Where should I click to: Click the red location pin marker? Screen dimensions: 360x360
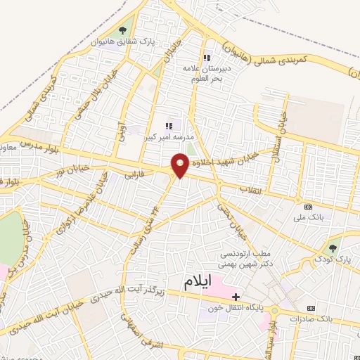click(x=181, y=167)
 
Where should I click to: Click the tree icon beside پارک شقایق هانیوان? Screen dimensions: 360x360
click(x=123, y=30)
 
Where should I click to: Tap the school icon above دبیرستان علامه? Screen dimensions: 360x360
click(x=206, y=58)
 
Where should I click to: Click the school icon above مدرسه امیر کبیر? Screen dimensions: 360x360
click(x=168, y=125)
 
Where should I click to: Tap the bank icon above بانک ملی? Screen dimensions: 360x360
click(x=309, y=207)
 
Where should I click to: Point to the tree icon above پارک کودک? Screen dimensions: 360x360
click(x=333, y=247)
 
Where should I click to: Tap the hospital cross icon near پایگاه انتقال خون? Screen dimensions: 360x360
click(x=236, y=296)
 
